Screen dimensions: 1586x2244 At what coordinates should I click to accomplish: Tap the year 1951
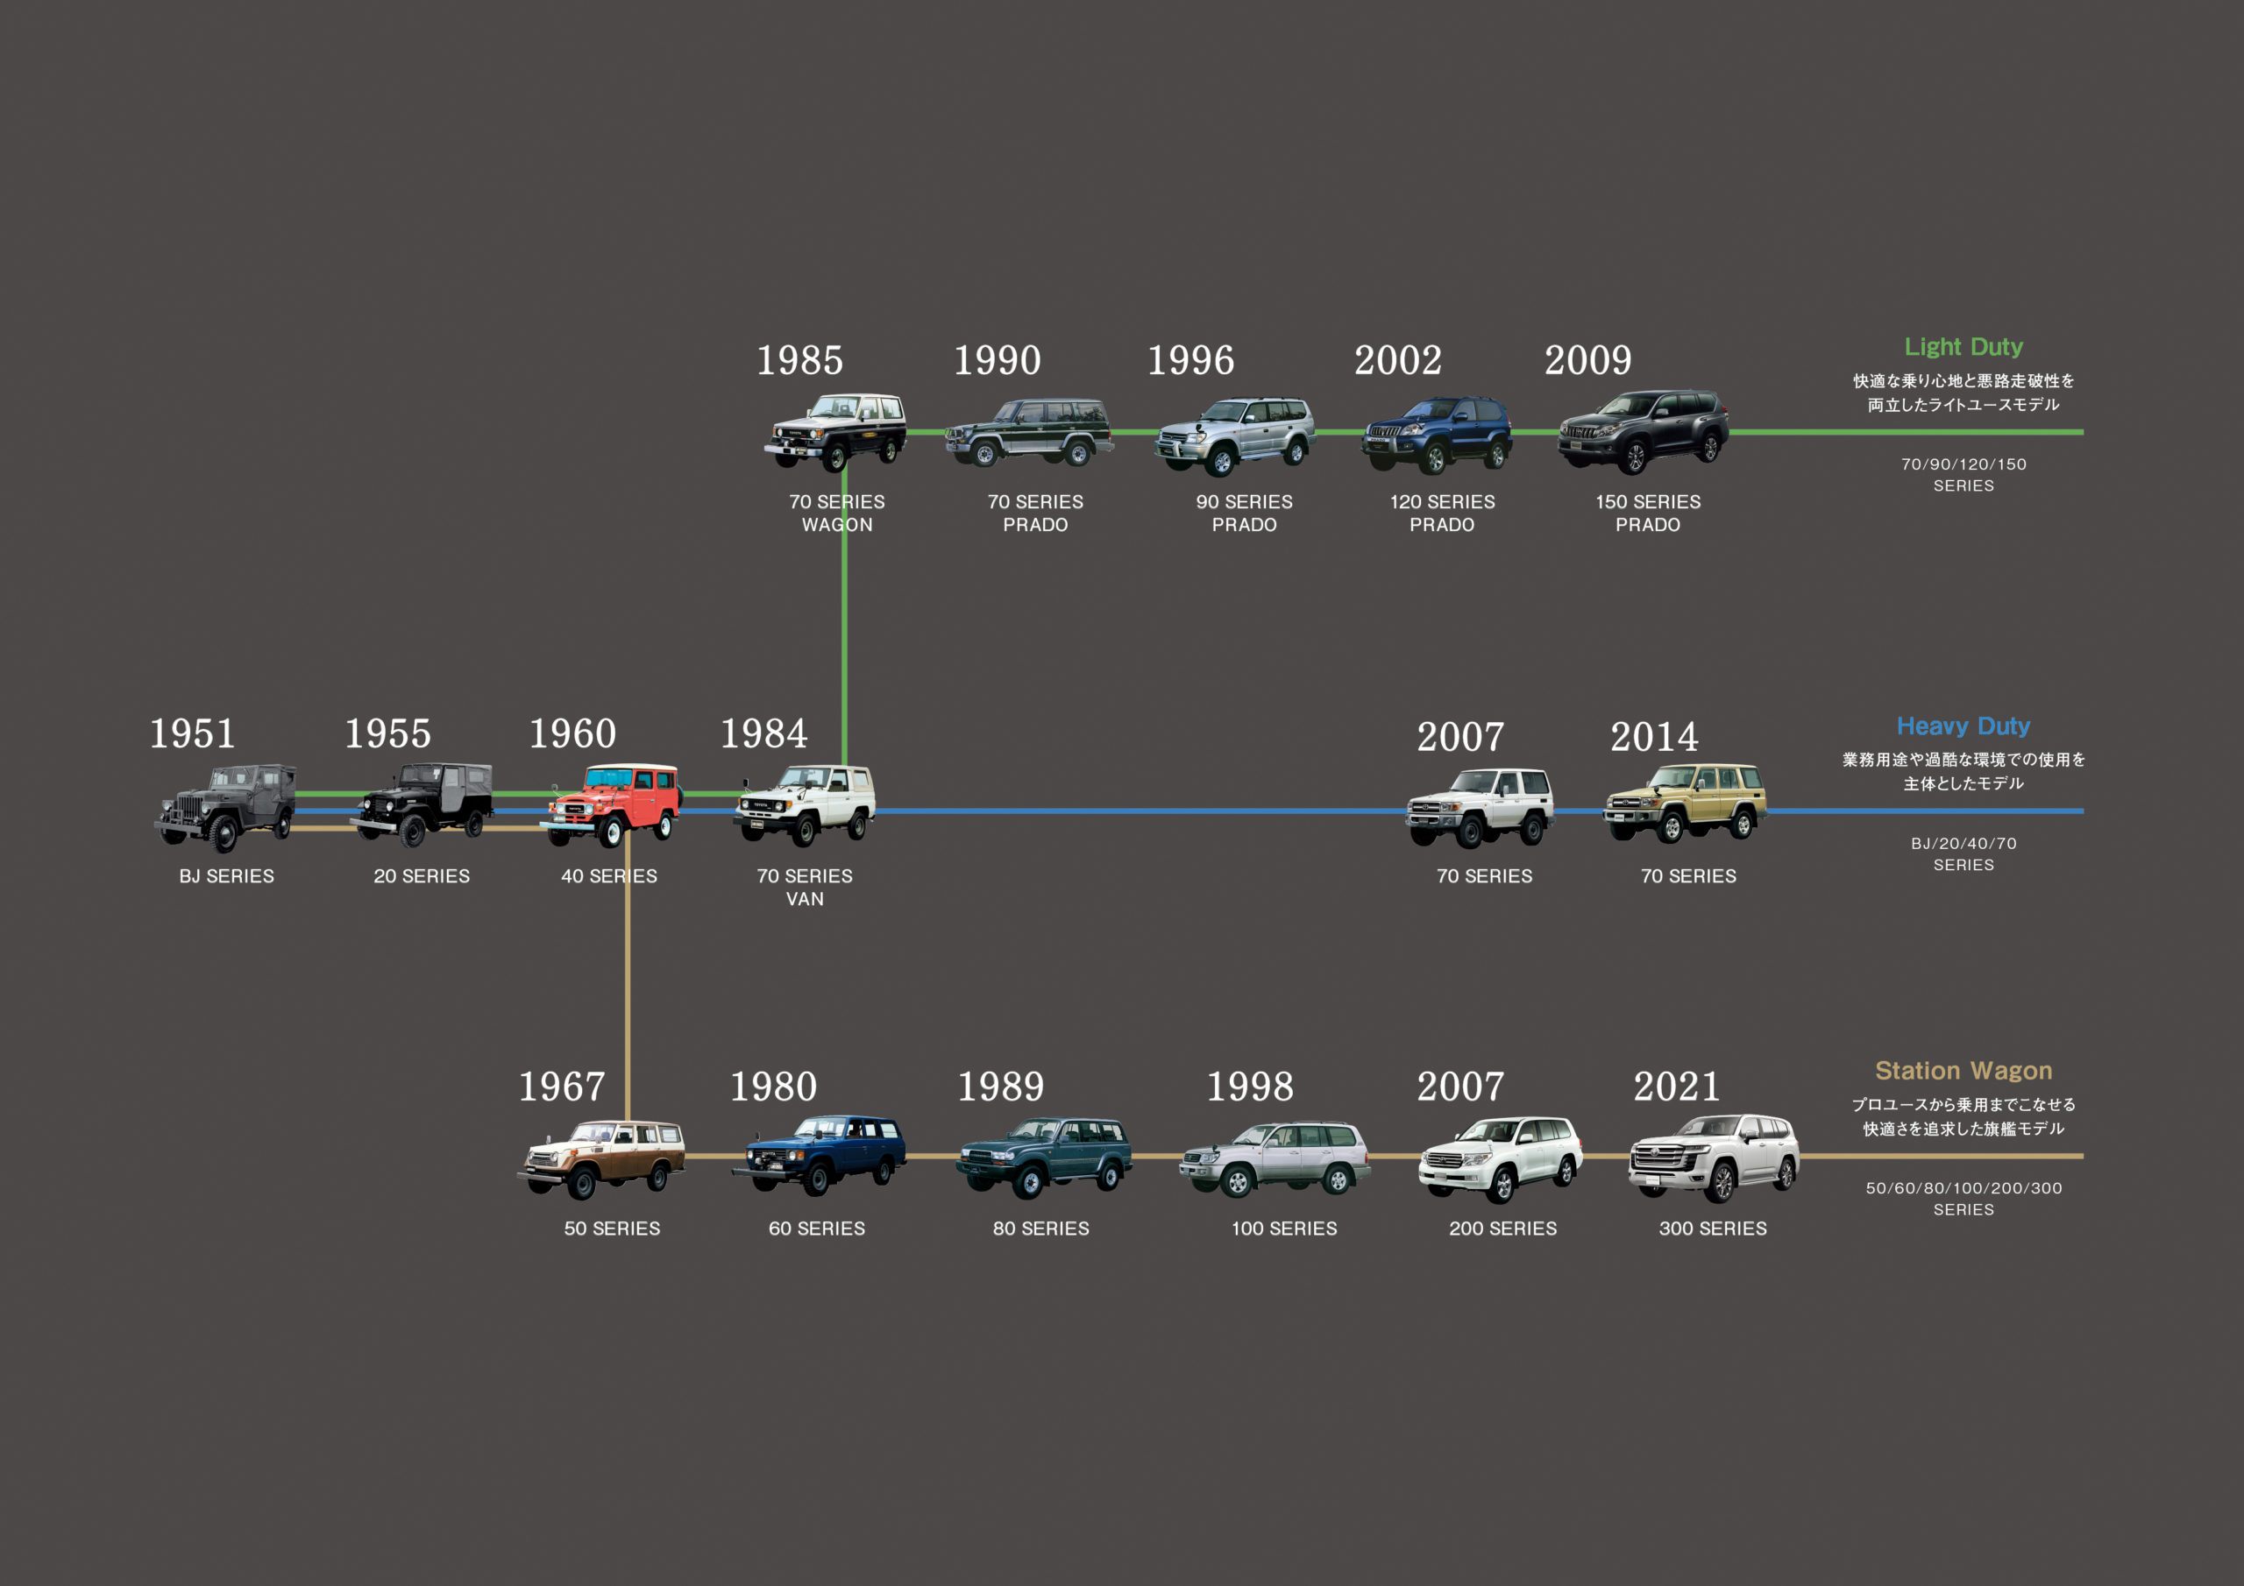pos(192,734)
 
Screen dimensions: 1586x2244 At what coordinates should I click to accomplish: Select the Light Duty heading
pos(1963,347)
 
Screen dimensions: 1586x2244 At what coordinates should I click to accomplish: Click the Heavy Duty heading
pos(1963,726)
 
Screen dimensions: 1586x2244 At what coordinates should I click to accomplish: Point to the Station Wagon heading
pos(1963,1071)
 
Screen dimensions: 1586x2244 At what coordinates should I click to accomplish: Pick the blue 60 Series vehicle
pos(819,1154)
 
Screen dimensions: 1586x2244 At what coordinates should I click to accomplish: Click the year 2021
pos(1676,1087)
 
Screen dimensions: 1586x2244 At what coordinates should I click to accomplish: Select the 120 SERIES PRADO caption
pos(1442,513)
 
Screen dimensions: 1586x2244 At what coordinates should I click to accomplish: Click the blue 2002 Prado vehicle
pos(1437,434)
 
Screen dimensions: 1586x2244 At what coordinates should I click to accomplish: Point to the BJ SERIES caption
pos(227,876)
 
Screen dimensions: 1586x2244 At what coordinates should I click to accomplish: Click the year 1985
pos(799,361)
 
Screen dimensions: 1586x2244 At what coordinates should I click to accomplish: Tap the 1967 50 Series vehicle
pos(601,1159)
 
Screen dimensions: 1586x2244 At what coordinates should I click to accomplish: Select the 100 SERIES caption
pos(1283,1229)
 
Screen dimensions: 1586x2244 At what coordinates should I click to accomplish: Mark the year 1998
pos(1249,1087)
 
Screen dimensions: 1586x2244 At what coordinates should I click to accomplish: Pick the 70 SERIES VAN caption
pos(805,888)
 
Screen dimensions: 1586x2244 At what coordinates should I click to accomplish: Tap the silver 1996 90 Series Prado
pos(1235,435)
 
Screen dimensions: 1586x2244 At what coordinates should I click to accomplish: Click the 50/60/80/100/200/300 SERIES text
pos(1963,1199)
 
